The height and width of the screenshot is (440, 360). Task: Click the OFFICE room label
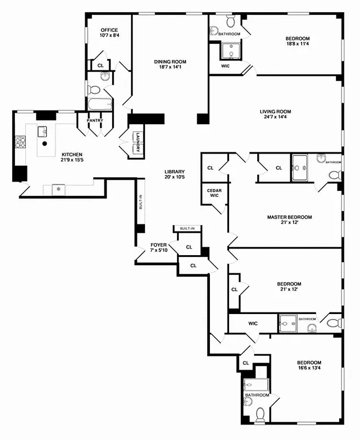pyautogui.click(x=108, y=30)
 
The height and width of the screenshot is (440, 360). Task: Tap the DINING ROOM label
pyautogui.click(x=170, y=62)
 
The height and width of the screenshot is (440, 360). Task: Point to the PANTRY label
pyautogui.click(x=95, y=120)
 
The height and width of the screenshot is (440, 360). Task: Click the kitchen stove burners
pyautogui.click(x=20, y=142)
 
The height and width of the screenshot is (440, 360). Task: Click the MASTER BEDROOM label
pyautogui.click(x=290, y=217)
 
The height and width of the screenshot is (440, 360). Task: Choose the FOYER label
pyautogui.click(x=159, y=245)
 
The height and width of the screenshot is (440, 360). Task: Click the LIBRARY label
pyautogui.click(x=174, y=171)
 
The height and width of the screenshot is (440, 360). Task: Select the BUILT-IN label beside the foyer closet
pyautogui.click(x=187, y=228)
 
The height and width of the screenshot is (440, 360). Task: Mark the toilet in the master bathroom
pyautogui.click(x=334, y=175)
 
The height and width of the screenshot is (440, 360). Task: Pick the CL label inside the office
pyautogui.click(x=100, y=65)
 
